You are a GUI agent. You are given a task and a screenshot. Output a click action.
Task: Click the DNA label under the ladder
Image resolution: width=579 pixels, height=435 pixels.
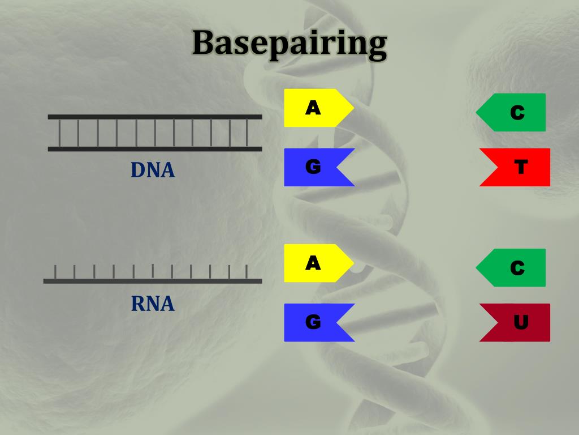pos(153,170)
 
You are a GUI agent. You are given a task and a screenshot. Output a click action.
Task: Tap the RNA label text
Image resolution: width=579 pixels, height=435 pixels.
pos(153,304)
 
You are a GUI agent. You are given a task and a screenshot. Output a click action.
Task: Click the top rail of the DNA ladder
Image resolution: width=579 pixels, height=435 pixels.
pos(155,117)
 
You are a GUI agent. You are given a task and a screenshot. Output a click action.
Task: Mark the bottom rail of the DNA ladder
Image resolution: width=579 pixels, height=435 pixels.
pos(155,149)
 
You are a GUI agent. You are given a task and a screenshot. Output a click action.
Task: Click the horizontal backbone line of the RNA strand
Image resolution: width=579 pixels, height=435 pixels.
pos(153,281)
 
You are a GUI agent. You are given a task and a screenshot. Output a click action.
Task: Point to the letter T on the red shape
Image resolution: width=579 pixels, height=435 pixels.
pos(521,167)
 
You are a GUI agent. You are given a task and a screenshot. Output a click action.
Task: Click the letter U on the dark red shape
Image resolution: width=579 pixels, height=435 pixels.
pos(521,322)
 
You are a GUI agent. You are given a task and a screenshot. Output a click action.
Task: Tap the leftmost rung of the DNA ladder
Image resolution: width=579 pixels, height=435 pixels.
pos(60,133)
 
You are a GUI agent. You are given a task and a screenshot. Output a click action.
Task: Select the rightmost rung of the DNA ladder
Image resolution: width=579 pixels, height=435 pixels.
pos(247,133)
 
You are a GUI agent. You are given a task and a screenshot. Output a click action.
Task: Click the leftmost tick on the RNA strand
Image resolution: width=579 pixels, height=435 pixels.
pos(55,272)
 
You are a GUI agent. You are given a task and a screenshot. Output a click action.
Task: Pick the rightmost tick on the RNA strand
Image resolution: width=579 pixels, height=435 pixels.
pos(247,272)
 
